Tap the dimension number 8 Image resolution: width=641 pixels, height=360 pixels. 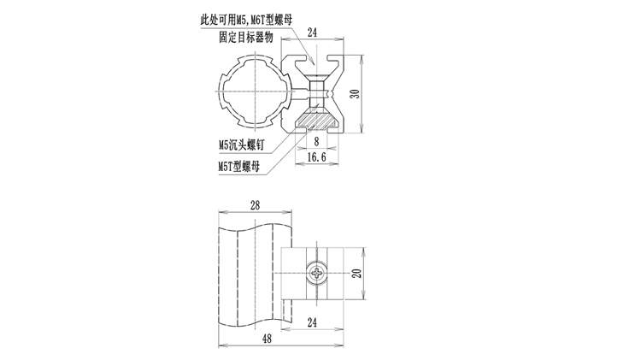pyautogui.click(x=317, y=141)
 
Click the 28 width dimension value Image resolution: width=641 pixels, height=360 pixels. pyautogui.click(x=256, y=205)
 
